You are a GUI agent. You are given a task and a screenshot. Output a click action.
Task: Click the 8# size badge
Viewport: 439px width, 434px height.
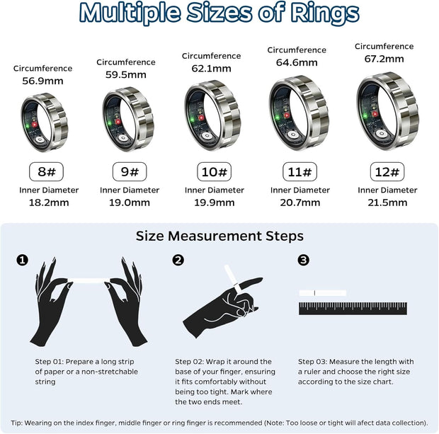coord(42,171)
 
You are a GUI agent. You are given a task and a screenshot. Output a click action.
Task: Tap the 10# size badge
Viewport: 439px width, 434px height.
coord(215,171)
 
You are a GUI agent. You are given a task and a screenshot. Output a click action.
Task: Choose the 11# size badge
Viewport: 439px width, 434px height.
coord(300,171)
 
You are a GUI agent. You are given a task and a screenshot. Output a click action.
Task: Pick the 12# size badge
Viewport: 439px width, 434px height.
coord(387,171)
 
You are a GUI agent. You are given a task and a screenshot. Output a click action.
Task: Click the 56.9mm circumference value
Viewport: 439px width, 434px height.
coord(42,81)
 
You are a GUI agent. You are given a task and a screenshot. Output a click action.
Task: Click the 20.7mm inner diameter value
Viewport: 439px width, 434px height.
coord(300,202)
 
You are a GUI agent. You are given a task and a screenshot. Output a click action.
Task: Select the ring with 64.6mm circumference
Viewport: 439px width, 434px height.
coord(298,113)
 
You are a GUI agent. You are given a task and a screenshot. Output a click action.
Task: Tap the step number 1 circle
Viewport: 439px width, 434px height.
coord(23,261)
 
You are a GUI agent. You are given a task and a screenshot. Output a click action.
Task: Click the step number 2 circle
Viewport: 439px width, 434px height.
coord(178,261)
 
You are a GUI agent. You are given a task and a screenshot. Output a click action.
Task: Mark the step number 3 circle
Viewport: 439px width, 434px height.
coord(304,261)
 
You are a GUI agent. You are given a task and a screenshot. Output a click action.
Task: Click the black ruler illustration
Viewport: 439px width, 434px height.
coord(353,308)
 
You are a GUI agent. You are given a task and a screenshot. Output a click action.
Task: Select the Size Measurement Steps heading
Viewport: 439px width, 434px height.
coord(219,236)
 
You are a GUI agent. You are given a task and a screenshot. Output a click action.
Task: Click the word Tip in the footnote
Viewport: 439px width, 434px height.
coord(17,422)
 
